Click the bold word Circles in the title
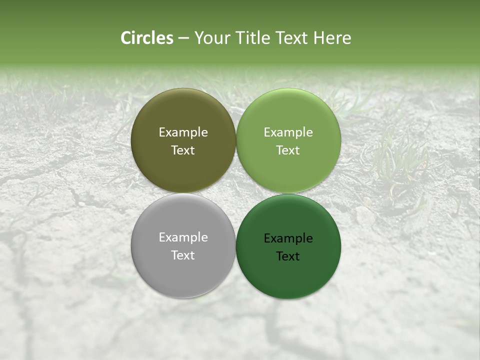[x=147, y=38]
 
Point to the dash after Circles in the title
[x=183, y=38]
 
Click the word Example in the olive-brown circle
[x=183, y=132]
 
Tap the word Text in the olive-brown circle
[x=183, y=150]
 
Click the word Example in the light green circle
[x=288, y=132]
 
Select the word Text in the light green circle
[x=288, y=150]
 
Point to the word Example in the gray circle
[x=183, y=237]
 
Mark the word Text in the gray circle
[x=183, y=255]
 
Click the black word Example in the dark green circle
[x=288, y=238]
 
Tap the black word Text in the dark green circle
[x=288, y=256]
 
